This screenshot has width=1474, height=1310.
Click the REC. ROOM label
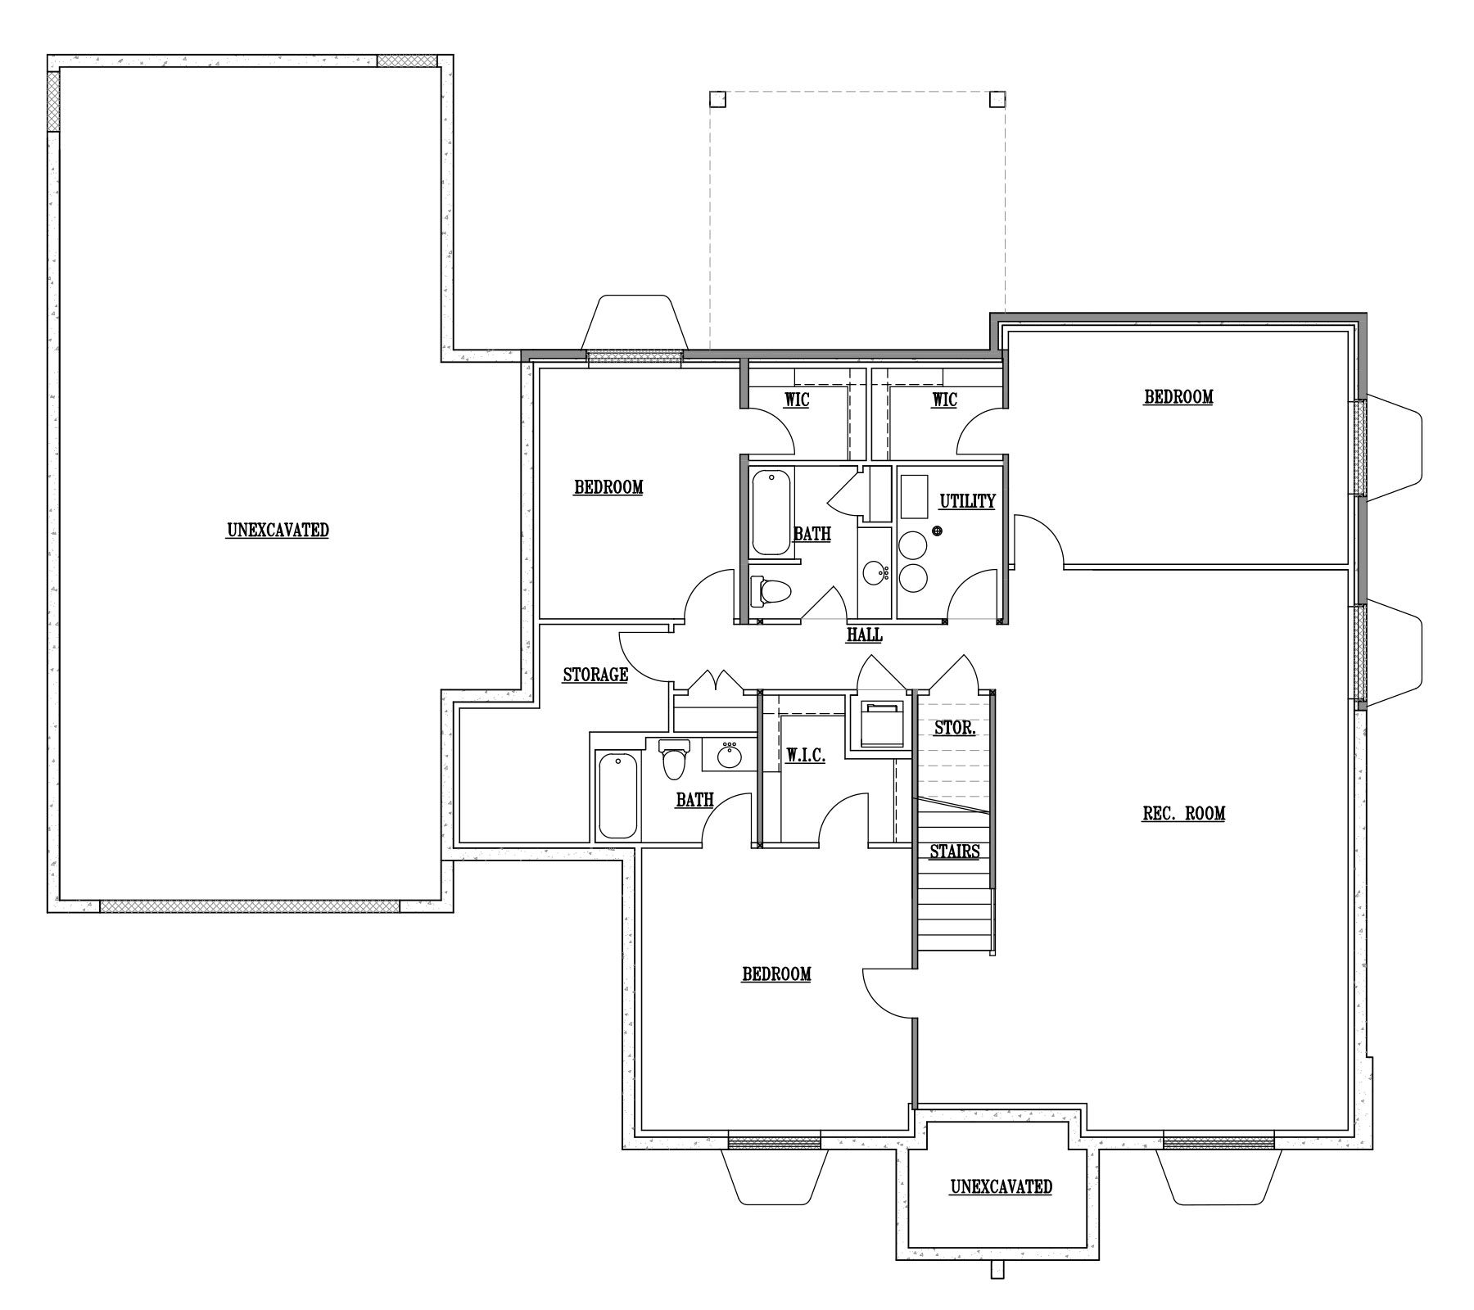pos(1183,813)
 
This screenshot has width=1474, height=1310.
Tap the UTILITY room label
pos(967,501)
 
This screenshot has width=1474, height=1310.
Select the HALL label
pos(865,635)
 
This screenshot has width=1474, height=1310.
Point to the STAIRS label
pos(955,851)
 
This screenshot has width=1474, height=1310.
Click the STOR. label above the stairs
pos(955,727)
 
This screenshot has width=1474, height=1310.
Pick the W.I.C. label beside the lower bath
pos(806,757)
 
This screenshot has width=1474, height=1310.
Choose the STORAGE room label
pos(595,675)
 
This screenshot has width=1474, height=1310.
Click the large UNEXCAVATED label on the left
pos(278,530)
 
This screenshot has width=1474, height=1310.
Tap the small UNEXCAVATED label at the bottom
pos(1002,1186)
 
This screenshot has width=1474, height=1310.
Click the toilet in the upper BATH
pos(771,591)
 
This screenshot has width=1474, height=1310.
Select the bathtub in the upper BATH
pos(771,512)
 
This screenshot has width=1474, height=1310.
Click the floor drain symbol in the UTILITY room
pos(938,531)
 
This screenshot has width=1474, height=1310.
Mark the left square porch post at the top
pos(717,100)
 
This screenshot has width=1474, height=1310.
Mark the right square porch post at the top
pos(997,100)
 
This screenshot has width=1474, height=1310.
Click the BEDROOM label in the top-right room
pos(1178,397)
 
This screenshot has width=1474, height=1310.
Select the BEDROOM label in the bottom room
pos(776,974)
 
